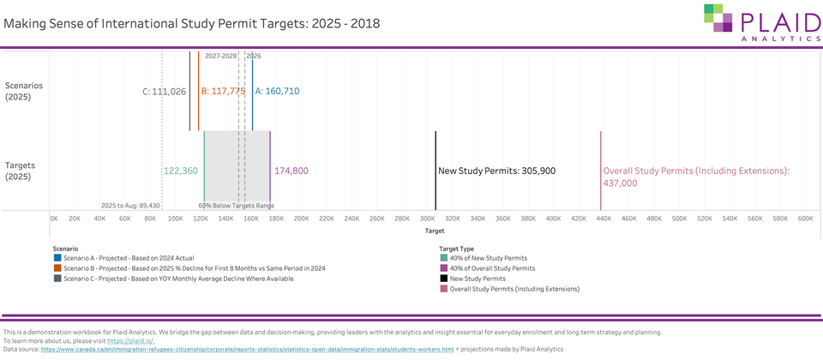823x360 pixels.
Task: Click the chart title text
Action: pyautogui.click(x=191, y=23)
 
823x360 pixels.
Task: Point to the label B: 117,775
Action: pyautogui.click(x=223, y=91)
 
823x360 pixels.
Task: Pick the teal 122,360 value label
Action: pyautogui.click(x=180, y=171)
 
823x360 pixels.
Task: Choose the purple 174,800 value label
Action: pyautogui.click(x=291, y=171)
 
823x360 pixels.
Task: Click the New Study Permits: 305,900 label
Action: pyautogui.click(x=496, y=171)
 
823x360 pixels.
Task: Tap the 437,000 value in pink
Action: pyautogui.click(x=621, y=183)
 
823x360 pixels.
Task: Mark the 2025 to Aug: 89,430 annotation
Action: pyautogui.click(x=130, y=206)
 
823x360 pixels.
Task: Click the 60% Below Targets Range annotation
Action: pyautogui.click(x=237, y=206)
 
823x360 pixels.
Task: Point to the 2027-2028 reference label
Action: pyautogui.click(x=221, y=56)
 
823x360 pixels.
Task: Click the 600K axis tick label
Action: pyautogui.click(x=805, y=219)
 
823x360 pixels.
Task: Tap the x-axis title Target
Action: pyautogui.click(x=434, y=231)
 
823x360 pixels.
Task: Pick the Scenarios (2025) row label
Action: pyautogui.click(x=24, y=91)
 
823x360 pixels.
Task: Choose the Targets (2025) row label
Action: pyautogui.click(x=24, y=170)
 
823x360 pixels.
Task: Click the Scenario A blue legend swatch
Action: pyautogui.click(x=57, y=257)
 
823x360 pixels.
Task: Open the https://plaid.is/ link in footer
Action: pyautogui.click(x=130, y=340)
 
